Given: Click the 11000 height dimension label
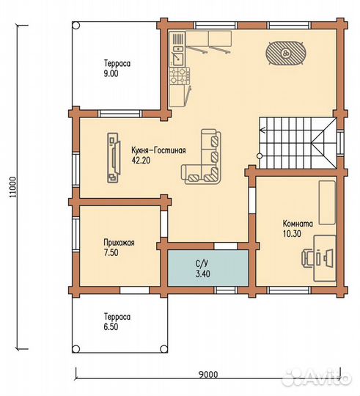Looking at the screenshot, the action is coord(13,187).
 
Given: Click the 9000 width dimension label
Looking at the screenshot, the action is coord(208,374).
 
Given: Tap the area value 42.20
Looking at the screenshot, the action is coord(141,160).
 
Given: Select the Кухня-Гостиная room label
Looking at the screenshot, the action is coord(158,150).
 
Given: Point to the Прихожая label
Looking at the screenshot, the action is coord(120,243).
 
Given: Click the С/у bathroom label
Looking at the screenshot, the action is coord(202,264).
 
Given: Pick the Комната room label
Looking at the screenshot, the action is coord(298,224).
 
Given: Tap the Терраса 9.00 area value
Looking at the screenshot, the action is coord(111,74).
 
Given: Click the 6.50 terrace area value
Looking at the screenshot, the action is coord(111,327).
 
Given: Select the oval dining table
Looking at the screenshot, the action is coord(286,54).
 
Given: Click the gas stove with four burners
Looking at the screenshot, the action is coord(179,76).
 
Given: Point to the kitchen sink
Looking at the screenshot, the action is coord(177,58).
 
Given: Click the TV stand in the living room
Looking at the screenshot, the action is coord(114,158).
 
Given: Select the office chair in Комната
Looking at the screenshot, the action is coord(308,257).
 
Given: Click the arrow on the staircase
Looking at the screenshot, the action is coord(262,131).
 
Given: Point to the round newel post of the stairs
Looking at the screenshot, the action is coord(260,156).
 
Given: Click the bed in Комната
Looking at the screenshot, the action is coord(327,202).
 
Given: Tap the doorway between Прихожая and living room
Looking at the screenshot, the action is coord(164,224).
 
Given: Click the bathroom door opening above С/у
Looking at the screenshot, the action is coord(226,246).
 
